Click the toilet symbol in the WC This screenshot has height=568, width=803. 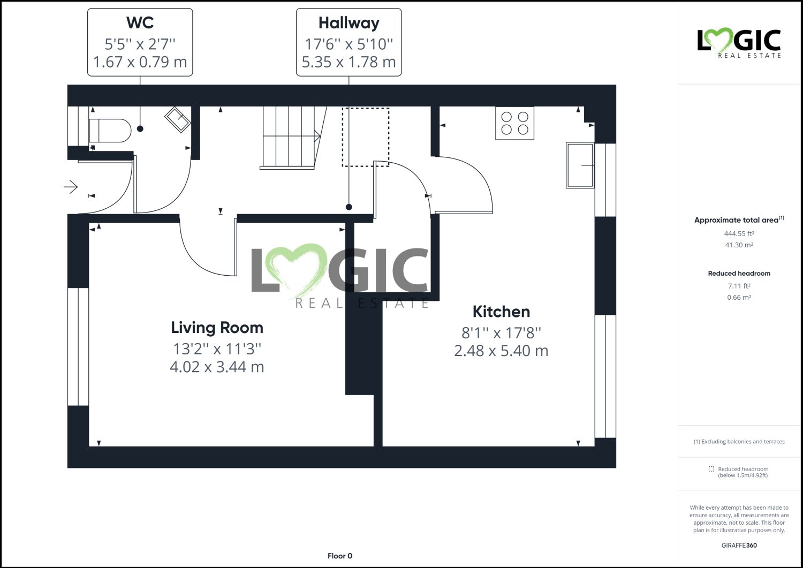click(110, 131)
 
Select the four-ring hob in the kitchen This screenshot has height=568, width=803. click(514, 123)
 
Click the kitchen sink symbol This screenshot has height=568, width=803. click(580, 165)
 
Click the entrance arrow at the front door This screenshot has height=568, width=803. click(71, 187)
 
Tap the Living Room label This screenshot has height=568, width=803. click(217, 328)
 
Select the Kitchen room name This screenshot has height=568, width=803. click(501, 312)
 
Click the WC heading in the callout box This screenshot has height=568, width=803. click(140, 22)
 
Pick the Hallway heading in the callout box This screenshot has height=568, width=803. click(349, 22)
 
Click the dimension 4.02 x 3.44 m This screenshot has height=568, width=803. click(217, 367)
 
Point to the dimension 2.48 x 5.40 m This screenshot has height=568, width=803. click(501, 351)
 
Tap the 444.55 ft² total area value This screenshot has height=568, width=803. click(739, 234)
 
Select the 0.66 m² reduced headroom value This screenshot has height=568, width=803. click(739, 298)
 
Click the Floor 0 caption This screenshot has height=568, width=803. click(340, 556)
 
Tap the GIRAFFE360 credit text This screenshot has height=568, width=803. click(739, 546)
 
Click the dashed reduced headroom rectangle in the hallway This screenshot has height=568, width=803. click(366, 137)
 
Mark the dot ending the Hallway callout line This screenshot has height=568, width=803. click(349, 207)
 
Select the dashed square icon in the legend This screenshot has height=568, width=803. click(711, 469)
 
